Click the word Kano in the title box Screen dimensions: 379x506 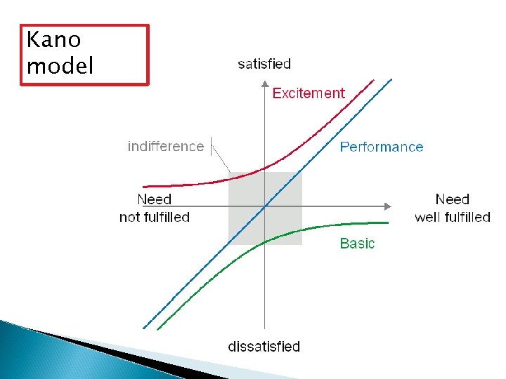pos(53,41)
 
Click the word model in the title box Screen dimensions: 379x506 pos(60,66)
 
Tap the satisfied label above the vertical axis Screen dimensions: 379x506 pos(264,64)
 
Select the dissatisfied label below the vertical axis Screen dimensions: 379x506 pos(264,347)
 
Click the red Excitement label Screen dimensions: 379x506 pos(309,93)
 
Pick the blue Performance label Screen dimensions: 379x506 pos(382,147)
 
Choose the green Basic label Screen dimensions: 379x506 pos(357,244)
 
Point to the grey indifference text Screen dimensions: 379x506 pos(165,146)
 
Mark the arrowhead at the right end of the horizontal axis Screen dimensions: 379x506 pos(387,206)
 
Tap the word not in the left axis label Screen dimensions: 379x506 pos(130,217)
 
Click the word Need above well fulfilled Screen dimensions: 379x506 pos(452,199)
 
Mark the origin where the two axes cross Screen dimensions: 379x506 pos(264,206)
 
